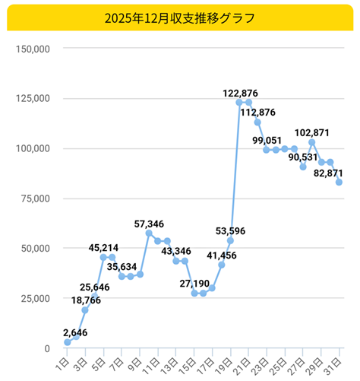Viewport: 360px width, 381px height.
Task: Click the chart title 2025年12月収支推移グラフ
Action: [x=180, y=16]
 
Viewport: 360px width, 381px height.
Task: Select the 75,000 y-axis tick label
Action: [x=32, y=198]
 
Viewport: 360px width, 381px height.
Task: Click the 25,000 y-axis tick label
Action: [x=32, y=298]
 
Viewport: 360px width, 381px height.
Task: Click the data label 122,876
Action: [x=240, y=93]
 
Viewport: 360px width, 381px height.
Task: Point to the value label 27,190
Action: [x=194, y=283]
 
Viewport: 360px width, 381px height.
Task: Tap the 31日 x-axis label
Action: [x=334, y=361]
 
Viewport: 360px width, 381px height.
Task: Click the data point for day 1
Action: [x=68, y=343]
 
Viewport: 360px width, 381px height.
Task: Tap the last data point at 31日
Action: [x=339, y=182]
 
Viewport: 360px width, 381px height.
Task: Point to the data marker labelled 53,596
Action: [x=230, y=240]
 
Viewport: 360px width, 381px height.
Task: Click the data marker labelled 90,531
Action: [x=302, y=167]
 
